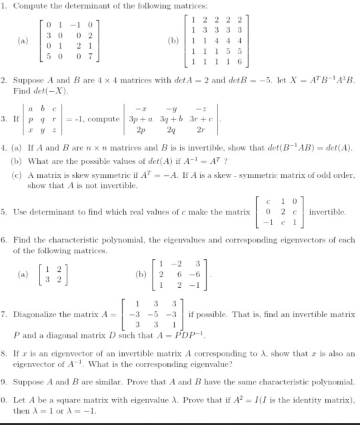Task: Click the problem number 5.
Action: [4, 212]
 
